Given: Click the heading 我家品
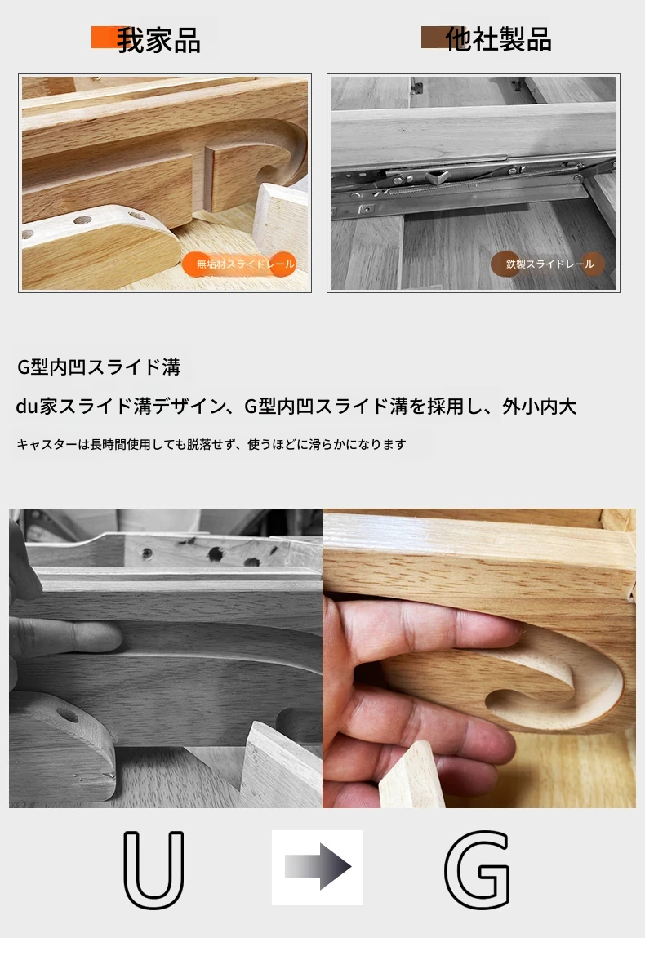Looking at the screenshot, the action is tap(158, 41).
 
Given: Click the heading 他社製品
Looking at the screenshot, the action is tap(498, 40).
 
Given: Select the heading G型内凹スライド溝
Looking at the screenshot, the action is tap(99, 367).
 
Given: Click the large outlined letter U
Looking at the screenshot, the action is tap(153, 869).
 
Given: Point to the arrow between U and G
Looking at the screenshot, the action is tap(318, 867).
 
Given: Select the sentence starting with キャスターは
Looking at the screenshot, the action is tap(211, 444).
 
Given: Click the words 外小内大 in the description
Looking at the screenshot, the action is tap(540, 406).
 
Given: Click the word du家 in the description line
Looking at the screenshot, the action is tap(37, 406).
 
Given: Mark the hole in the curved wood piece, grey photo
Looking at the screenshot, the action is tap(68, 716).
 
